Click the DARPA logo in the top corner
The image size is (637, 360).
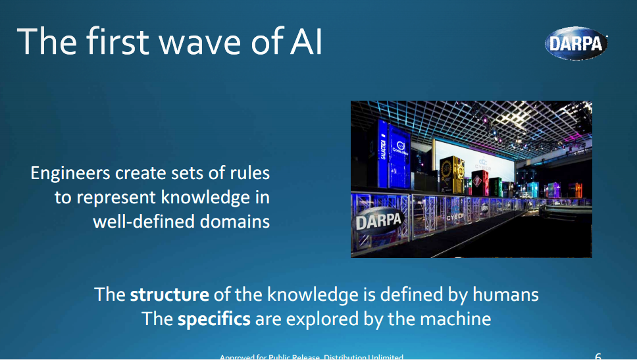pyautogui.click(x=575, y=43)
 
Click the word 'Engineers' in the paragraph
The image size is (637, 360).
pyautogui.click(x=70, y=174)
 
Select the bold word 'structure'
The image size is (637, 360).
pyautogui.click(x=169, y=294)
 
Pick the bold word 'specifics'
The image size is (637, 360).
pyautogui.click(x=214, y=319)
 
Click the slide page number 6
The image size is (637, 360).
pyautogui.click(x=598, y=356)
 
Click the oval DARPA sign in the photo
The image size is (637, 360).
pyautogui.click(x=378, y=220)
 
